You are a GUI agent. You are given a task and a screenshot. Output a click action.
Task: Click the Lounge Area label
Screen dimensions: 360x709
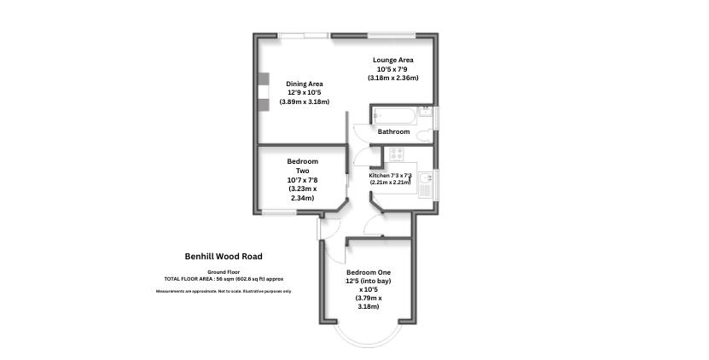click(392, 60)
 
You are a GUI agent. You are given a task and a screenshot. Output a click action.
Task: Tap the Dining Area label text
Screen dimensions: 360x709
click(304, 84)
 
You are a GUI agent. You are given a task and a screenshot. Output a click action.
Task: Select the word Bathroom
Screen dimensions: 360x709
click(393, 132)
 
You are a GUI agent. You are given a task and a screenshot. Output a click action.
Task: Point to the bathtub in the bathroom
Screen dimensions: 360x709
click(393, 115)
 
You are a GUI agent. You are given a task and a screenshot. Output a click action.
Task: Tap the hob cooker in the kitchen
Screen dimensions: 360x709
click(396, 154)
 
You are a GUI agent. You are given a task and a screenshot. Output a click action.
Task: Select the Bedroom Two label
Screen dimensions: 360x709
click(302, 166)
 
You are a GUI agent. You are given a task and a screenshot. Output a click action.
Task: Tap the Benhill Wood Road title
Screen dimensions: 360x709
click(224, 256)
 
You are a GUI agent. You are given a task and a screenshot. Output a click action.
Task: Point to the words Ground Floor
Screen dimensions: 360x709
click(224, 271)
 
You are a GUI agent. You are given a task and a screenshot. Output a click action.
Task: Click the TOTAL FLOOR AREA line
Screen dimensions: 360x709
click(224, 279)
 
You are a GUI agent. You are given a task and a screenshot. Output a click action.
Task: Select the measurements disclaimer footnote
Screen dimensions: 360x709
click(224, 292)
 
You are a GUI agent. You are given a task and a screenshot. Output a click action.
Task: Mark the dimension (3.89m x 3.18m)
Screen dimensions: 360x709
click(304, 102)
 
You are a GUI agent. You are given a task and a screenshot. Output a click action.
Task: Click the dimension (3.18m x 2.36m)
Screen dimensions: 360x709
click(392, 78)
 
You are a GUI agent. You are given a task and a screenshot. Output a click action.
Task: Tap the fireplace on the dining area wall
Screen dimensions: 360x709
click(262, 88)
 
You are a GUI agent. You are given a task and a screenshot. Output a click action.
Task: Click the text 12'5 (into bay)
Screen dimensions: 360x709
click(369, 281)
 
